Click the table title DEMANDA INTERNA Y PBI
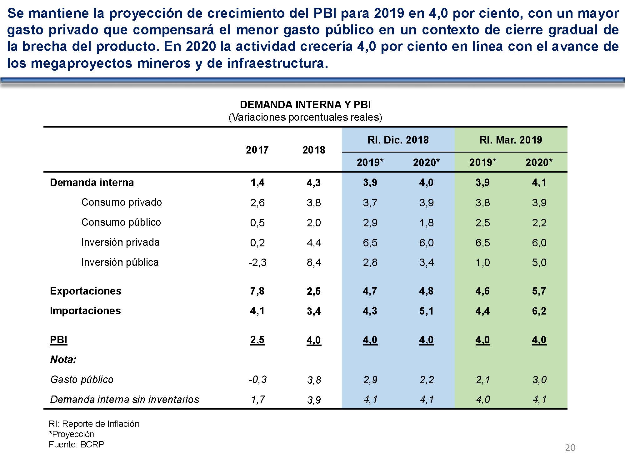coord(305,104)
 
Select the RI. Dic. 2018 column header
coord(398,140)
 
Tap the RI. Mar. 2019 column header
coord(511,140)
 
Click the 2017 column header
coord(257,150)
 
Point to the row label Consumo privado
coord(122,202)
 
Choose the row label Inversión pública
coord(120,262)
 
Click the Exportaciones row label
coord(86,291)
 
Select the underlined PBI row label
coord(59,340)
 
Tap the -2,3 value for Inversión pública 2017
coord(257,263)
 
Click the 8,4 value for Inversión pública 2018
coord(314,263)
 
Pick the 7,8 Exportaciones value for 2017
coord(257,291)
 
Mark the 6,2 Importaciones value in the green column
coord(539,311)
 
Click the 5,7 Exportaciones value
coord(539,291)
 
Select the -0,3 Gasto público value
coord(257,380)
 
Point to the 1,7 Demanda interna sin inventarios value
coord(258,400)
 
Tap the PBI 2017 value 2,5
coord(257,340)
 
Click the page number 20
coord(570,448)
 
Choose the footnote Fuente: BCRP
coord(77,444)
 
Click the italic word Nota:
coord(63,360)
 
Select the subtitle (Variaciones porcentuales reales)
coord(305,118)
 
